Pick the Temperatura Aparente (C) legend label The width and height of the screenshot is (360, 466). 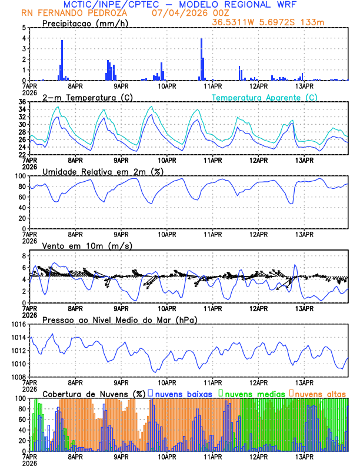264,97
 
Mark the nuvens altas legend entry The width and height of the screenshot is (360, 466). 320,393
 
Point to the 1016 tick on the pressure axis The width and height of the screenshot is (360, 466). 17,324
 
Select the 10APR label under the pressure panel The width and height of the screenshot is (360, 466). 167,382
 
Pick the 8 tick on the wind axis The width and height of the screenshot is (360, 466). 24,256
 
